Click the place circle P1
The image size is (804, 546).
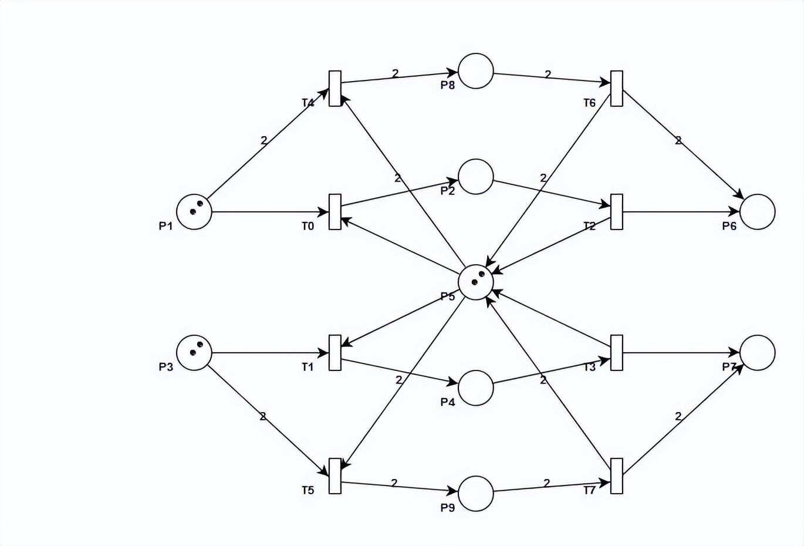click(x=194, y=211)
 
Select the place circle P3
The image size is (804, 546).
click(x=194, y=353)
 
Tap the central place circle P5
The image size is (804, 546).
click(x=475, y=282)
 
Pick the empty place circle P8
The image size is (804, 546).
click(x=475, y=71)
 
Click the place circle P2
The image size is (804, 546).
click(x=475, y=177)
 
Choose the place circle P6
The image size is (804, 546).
click(x=757, y=211)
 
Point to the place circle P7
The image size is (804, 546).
click(x=757, y=353)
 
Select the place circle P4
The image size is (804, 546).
click(x=475, y=388)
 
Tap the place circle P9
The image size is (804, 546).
click(x=475, y=494)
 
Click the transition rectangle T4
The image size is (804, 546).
click(x=335, y=89)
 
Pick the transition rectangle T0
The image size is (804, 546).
click(x=335, y=211)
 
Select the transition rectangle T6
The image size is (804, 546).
click(x=616, y=89)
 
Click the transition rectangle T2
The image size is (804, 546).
click(x=616, y=211)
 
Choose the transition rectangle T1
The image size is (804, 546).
click(x=335, y=353)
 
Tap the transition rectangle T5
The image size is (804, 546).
click(x=335, y=476)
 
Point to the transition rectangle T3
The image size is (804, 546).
click(x=616, y=353)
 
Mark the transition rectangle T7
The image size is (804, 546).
click(x=616, y=476)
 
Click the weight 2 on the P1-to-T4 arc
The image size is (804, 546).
click(x=264, y=140)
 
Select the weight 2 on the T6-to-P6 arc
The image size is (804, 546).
click(x=678, y=140)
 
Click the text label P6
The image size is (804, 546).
click(x=729, y=226)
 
